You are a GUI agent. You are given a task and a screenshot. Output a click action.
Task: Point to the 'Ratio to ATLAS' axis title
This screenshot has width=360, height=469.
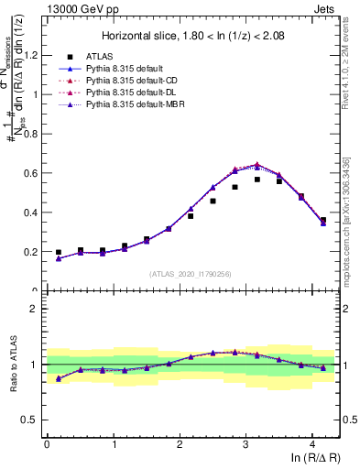(12, 364)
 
